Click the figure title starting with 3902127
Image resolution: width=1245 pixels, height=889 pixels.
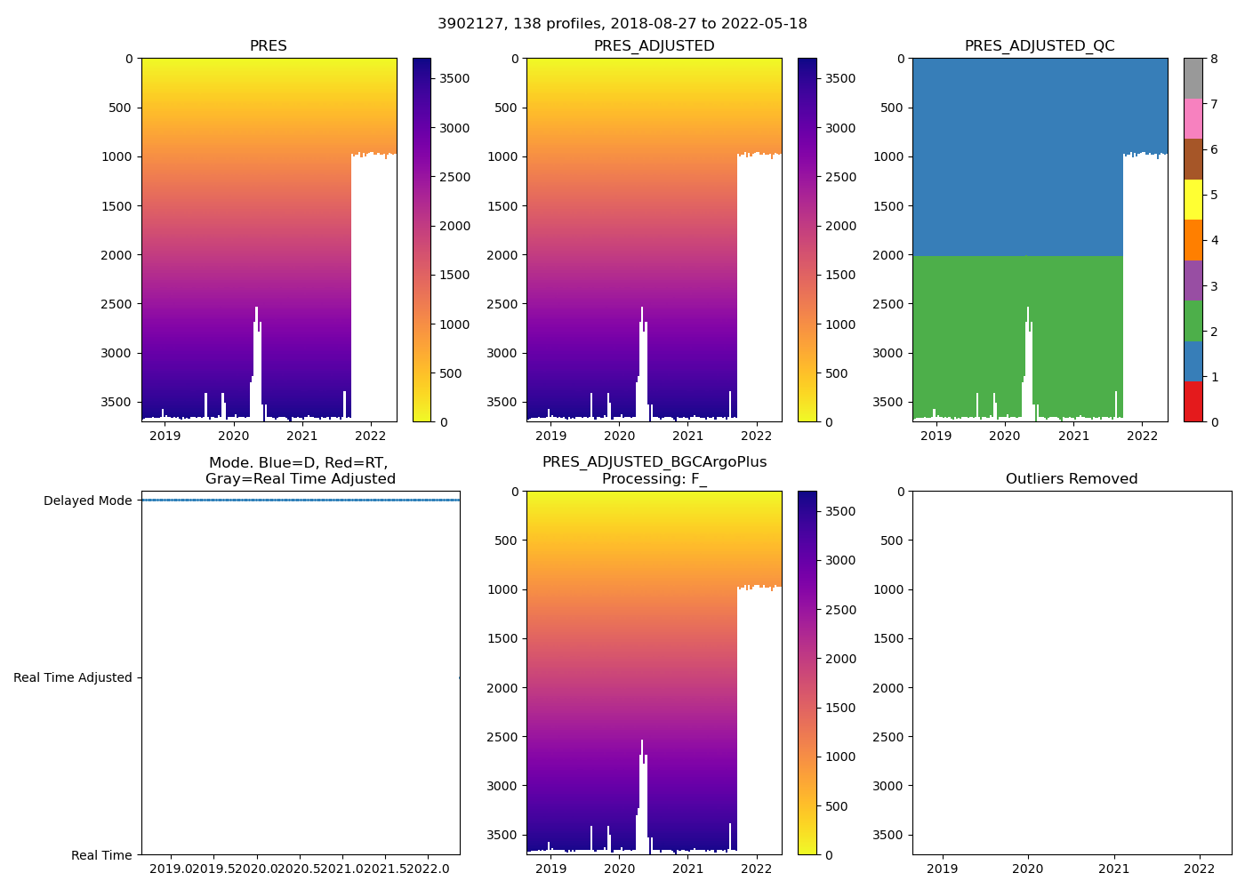coord(622,24)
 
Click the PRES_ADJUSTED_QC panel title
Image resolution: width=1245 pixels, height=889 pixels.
coord(1039,46)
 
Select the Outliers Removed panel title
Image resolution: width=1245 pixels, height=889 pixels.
coord(1071,479)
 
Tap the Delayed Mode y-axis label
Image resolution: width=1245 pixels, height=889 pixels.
coord(87,501)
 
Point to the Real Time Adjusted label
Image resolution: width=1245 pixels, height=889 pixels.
coord(73,677)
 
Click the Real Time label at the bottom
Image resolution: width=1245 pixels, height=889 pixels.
coord(101,855)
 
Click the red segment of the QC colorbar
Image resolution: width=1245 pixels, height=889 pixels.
coord(1193,401)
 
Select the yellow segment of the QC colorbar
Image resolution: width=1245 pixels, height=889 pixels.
coord(1193,199)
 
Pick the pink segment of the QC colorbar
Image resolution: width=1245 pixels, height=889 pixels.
coord(1193,118)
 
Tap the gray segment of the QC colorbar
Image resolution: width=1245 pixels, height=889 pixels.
coord(1193,78)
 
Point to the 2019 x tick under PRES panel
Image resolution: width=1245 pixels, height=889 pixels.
coord(165,436)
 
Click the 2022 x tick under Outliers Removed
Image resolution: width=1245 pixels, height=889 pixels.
coord(1199,869)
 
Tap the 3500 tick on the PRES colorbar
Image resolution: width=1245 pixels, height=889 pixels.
coord(454,78)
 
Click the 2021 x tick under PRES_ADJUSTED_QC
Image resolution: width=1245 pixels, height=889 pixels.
coord(1073,436)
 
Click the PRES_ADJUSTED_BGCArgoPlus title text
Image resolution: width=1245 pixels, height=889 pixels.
coord(654,462)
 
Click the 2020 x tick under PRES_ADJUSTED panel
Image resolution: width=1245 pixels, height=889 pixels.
coord(619,436)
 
